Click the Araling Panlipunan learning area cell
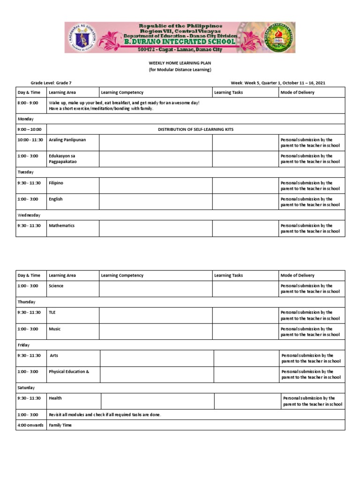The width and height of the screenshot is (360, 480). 67,140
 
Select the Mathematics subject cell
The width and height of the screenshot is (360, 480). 62,225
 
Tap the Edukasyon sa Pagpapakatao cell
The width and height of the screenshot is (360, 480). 63,159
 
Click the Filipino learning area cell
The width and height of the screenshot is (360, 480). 56,183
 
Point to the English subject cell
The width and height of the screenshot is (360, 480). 56,199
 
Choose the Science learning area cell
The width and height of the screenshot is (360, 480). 56,286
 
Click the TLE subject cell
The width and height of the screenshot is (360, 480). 52,312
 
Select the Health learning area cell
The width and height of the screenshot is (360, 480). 55,398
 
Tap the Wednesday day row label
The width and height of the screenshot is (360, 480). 29,215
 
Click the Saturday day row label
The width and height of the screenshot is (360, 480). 26,388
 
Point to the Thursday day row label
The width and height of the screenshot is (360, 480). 27,302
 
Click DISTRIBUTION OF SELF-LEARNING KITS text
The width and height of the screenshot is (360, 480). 195,129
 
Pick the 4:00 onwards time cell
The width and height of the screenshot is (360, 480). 31,425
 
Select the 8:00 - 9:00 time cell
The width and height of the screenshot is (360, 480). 29,102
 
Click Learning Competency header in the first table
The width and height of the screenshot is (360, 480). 122,92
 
